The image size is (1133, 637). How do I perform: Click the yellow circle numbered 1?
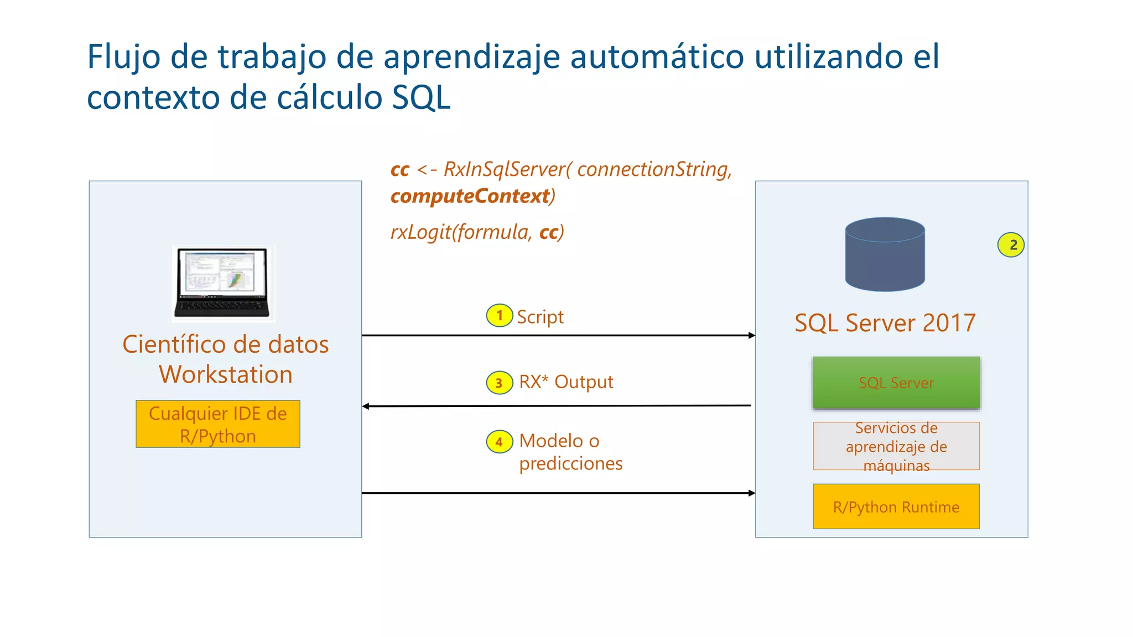coord(499,316)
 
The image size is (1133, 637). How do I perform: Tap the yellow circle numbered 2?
coord(1011,245)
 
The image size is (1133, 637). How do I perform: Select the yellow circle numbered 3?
coord(499,383)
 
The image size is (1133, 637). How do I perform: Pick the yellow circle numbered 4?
coord(499,442)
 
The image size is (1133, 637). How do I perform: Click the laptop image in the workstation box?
coord(223,283)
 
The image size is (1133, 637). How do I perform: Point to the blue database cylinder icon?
coord(885,254)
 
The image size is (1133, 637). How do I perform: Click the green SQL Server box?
coord(896,383)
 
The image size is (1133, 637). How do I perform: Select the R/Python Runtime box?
coord(896,507)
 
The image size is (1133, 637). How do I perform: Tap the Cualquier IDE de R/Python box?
coord(218,424)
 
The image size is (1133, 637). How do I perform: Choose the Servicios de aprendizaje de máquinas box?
coord(896,446)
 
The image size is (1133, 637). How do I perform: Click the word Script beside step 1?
coord(540,317)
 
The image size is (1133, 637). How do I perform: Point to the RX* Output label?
coord(566,382)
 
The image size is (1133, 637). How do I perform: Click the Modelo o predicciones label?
coord(570,452)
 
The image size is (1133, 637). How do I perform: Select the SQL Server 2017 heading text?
coord(885,323)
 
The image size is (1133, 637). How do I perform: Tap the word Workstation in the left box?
coord(226,374)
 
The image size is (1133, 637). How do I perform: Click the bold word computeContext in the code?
coord(470,196)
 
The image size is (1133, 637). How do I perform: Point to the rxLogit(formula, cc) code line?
coord(477,232)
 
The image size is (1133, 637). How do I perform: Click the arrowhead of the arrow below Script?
coord(752,335)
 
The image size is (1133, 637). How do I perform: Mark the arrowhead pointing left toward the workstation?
coord(366,406)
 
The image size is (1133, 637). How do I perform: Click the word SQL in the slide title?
coord(421,98)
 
